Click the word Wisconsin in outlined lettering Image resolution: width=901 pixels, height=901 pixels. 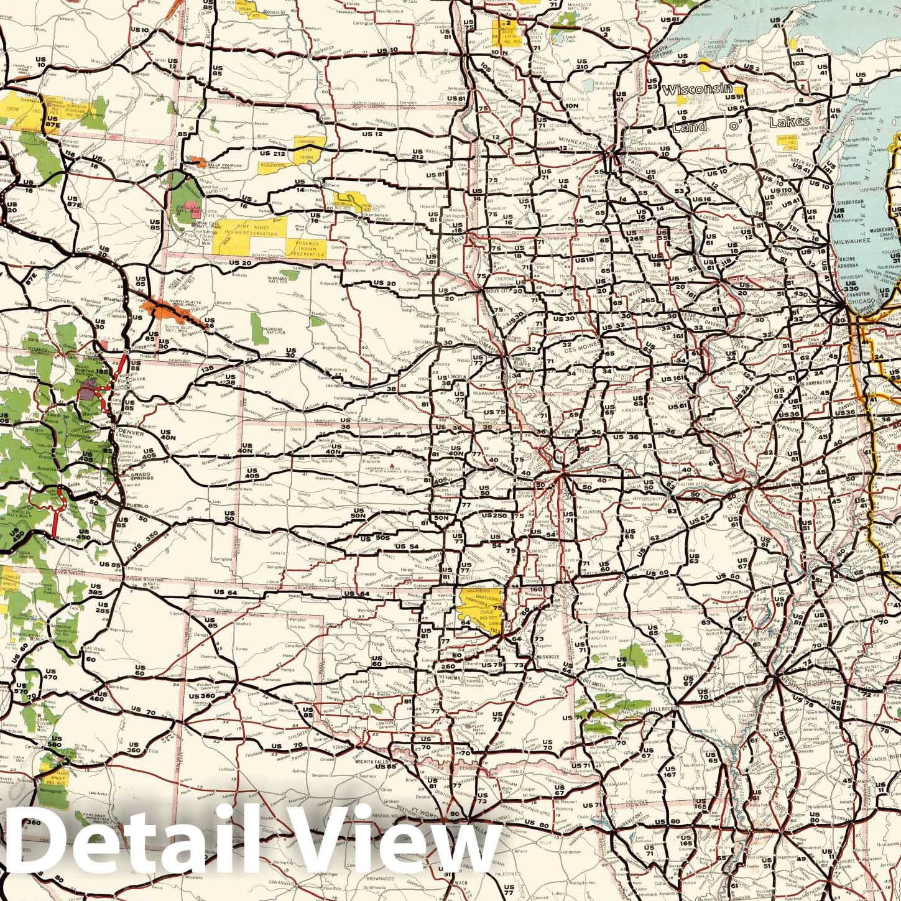pyautogui.click(x=696, y=90)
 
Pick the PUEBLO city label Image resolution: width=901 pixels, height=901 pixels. pyautogui.click(x=136, y=506)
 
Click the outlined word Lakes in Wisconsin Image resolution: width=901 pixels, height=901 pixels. pyautogui.click(x=790, y=122)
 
